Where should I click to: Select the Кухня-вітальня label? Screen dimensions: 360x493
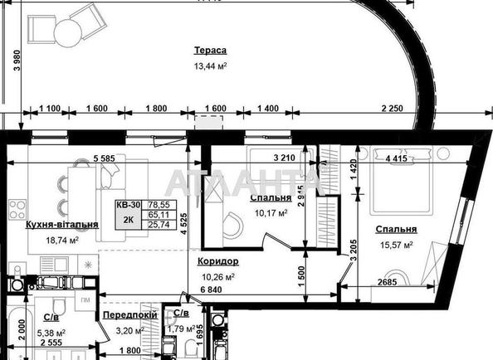click(63, 225)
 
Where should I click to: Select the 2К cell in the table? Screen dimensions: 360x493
click(128, 221)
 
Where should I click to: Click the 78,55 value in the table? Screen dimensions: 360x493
click(159, 204)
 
